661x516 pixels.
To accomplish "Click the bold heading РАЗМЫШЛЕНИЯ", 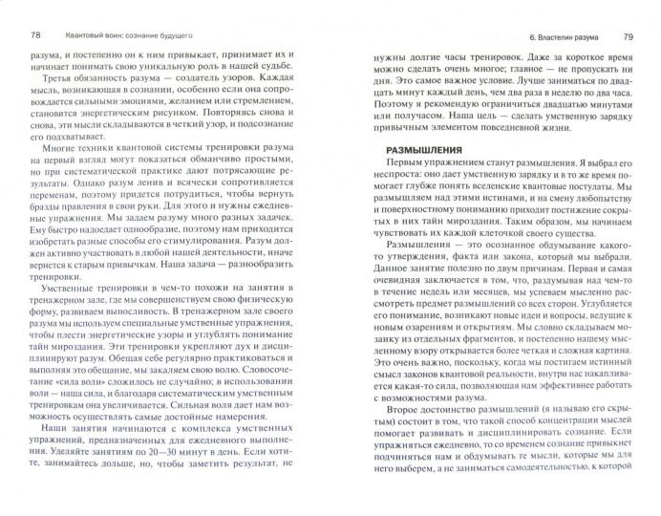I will click(x=425, y=152).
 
